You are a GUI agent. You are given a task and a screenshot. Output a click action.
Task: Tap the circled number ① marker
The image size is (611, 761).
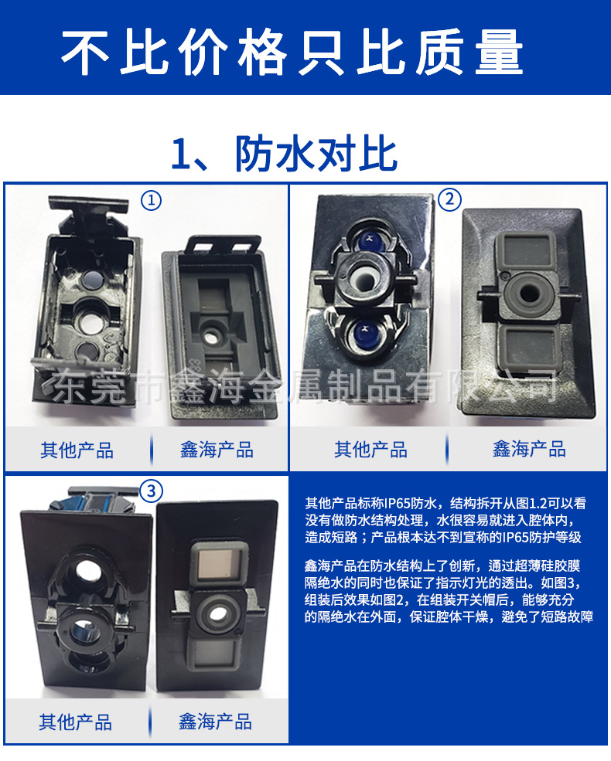pos(152,201)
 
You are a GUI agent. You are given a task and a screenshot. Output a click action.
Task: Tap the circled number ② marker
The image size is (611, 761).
pos(449,200)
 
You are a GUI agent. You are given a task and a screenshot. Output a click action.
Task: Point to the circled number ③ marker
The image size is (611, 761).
pos(152,491)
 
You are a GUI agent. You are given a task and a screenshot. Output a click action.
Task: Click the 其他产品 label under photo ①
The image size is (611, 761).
pos(77,450)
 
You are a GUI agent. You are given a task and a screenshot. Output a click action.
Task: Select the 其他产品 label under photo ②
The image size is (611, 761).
pos(370,450)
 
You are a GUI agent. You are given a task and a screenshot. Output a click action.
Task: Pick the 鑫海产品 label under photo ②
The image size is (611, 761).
pos(529,450)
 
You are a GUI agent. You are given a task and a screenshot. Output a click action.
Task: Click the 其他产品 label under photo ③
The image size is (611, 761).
pos(76,722)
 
